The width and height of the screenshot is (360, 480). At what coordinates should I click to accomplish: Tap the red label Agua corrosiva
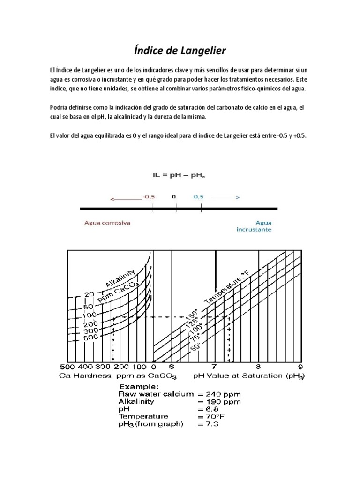point(107,223)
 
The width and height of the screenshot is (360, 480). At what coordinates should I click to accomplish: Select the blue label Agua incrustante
point(254,226)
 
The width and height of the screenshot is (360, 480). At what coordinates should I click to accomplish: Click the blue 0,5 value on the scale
point(199,197)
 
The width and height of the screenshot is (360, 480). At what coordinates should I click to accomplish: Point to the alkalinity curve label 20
point(89,294)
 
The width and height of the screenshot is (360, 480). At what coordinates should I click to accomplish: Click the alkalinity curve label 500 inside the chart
point(90,337)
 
